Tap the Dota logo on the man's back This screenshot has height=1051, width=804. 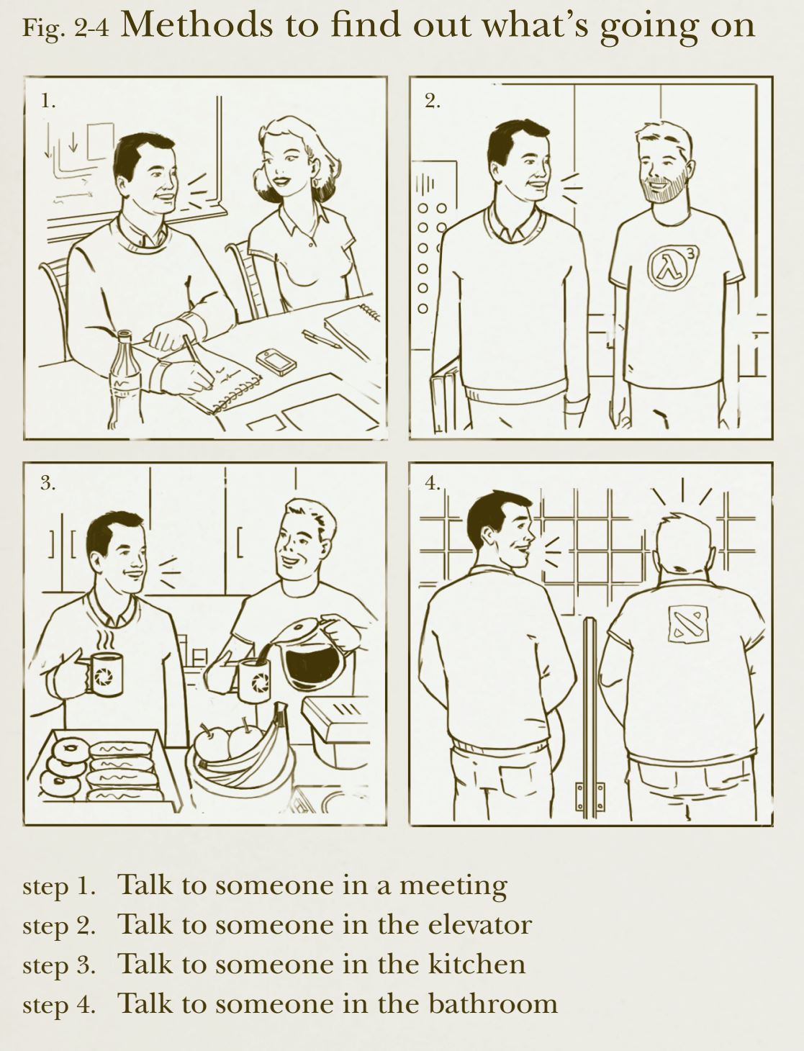[x=687, y=624]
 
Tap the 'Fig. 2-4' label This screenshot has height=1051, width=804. [x=66, y=28]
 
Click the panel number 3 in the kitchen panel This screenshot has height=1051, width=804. [x=48, y=483]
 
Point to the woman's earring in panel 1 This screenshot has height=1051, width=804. [x=316, y=183]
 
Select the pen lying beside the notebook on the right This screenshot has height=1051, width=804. [x=321, y=338]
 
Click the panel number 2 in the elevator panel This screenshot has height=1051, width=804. [x=432, y=101]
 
